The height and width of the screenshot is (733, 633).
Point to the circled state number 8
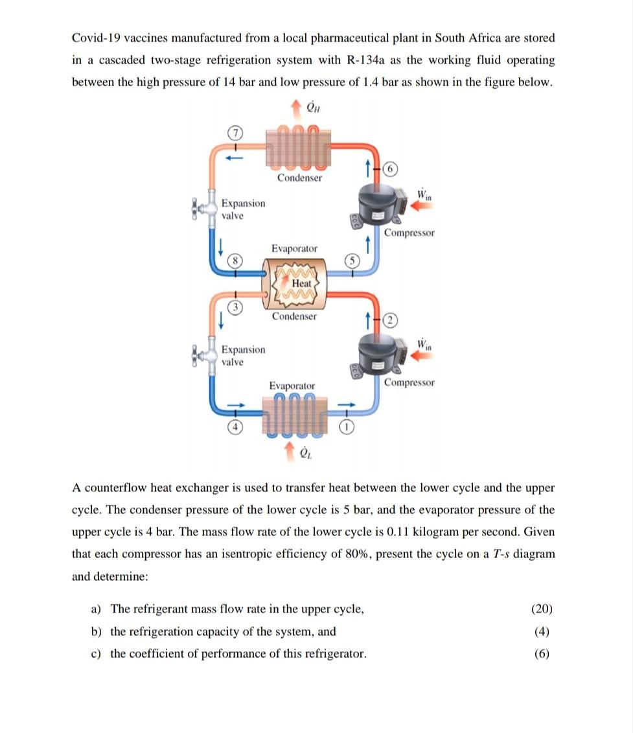pyautogui.click(x=237, y=262)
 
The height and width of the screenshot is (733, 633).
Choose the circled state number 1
pyautogui.click(x=349, y=427)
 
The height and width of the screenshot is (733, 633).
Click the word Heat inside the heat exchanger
pyautogui.click(x=301, y=283)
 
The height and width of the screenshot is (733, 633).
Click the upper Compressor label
pyautogui.click(x=409, y=232)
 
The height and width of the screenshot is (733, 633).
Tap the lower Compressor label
pyautogui.click(x=409, y=382)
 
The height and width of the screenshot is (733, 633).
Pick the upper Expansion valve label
pyautogui.click(x=243, y=209)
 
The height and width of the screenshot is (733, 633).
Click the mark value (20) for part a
pyautogui.click(x=542, y=609)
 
